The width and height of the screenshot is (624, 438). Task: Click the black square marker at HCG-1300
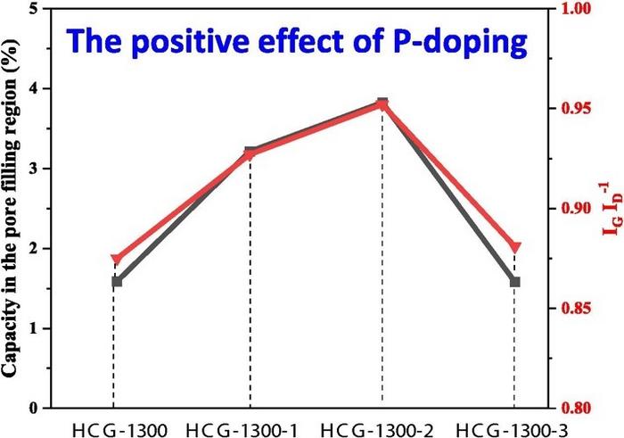pyautogui.click(x=116, y=282)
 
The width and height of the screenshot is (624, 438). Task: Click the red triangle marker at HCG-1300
pyautogui.click(x=115, y=260)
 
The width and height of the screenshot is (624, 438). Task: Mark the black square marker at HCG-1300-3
pyautogui.click(x=515, y=282)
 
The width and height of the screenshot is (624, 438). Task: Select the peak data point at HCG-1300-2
pyautogui.click(x=382, y=103)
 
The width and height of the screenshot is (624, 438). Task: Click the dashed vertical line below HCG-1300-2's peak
pyautogui.click(x=382, y=268)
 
